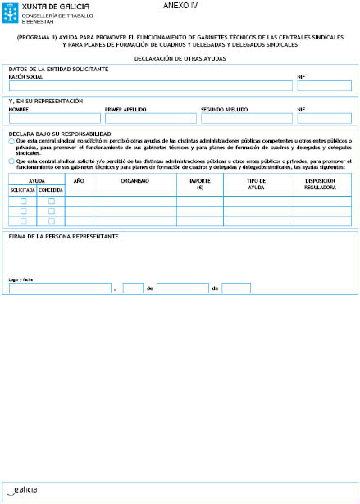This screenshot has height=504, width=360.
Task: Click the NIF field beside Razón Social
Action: point(324,85)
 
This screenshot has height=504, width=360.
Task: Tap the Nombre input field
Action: point(54,118)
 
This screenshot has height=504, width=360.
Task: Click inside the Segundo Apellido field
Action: point(245,118)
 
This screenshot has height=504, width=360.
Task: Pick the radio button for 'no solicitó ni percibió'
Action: point(11,142)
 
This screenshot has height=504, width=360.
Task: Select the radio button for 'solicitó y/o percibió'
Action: point(11,162)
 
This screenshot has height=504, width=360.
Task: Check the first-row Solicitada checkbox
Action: point(23,201)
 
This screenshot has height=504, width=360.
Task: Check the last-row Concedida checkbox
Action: point(51,220)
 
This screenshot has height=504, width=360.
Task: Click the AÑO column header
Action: point(79,179)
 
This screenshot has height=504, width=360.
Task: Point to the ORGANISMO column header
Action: point(134,179)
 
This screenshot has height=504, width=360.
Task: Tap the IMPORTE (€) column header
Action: point(199,183)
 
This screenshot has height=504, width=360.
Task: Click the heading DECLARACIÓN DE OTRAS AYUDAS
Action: point(180,59)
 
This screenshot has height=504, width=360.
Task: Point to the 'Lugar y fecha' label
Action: point(21,279)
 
